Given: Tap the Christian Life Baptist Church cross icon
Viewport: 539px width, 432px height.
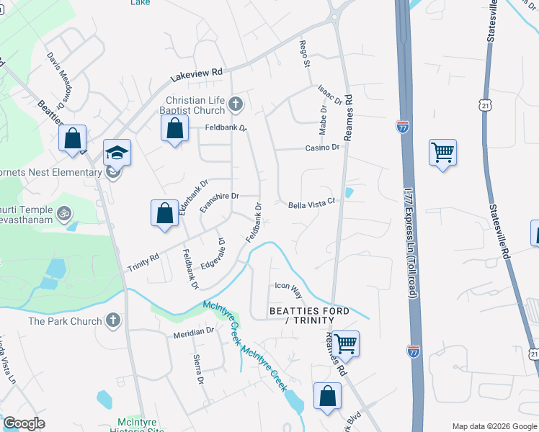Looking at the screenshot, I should click(235, 106).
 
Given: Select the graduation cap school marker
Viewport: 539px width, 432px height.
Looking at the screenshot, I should click(117, 153).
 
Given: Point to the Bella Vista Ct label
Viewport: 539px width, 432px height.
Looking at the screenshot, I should click(312, 204).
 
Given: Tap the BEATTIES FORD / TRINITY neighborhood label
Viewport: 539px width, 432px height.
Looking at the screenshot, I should click(309, 315).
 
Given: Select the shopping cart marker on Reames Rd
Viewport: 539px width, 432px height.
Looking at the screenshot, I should click(346, 343).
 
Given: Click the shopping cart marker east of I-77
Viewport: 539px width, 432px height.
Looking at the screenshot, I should click(442, 152).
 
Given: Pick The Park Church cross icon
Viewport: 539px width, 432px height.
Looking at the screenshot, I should click(112, 320).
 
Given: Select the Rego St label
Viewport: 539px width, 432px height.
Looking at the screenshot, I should click(305, 55).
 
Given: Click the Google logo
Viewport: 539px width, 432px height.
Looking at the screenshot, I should click(24, 423).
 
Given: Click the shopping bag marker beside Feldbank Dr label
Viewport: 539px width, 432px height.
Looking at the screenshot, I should click(174, 130).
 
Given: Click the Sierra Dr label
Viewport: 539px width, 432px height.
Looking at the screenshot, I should click(198, 369).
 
